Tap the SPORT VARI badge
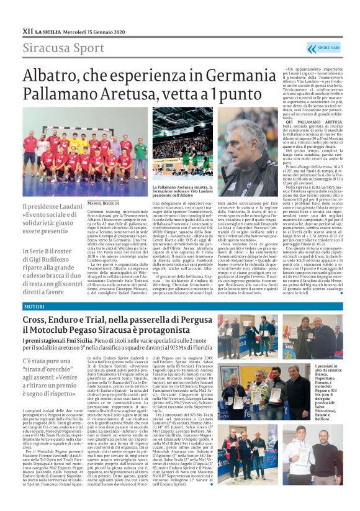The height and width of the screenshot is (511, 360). click(x=324, y=48)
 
